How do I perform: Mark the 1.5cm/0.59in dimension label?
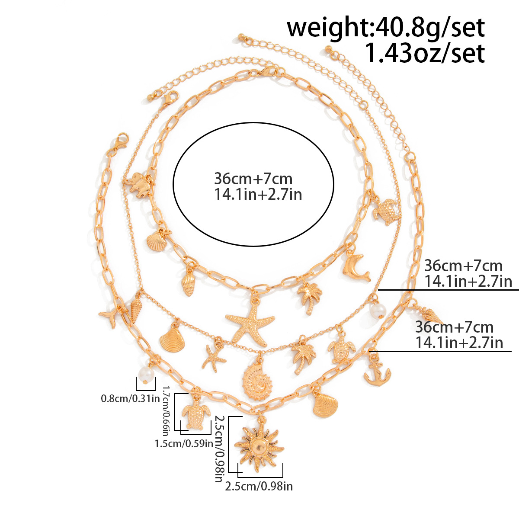pos(184,443)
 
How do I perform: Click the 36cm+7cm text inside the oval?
pos(253,179)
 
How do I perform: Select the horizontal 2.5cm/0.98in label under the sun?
pos(259,487)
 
